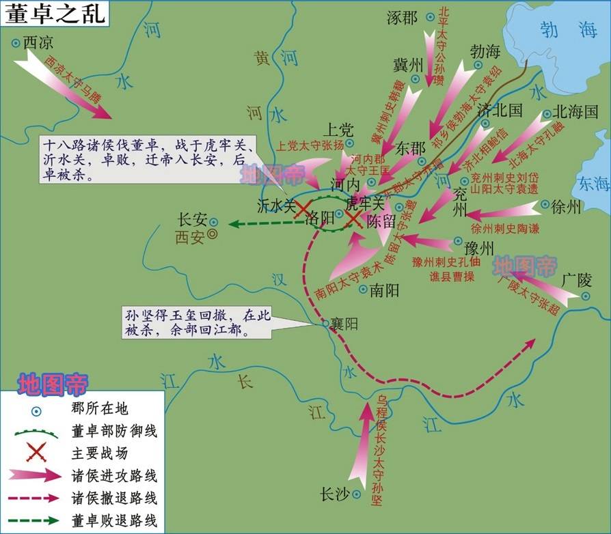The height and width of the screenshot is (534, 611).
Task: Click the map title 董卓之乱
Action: (x=55, y=14)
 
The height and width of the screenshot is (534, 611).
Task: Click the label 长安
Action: (x=191, y=220)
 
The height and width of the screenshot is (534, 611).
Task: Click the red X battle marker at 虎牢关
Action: (x=353, y=219)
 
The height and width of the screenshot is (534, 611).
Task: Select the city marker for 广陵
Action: (x=586, y=296)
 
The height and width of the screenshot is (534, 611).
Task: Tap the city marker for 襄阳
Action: (x=327, y=324)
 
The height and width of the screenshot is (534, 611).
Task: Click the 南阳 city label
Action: (x=383, y=290)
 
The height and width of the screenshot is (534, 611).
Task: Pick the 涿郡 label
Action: (x=402, y=18)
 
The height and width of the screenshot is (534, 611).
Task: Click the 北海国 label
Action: (x=575, y=111)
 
